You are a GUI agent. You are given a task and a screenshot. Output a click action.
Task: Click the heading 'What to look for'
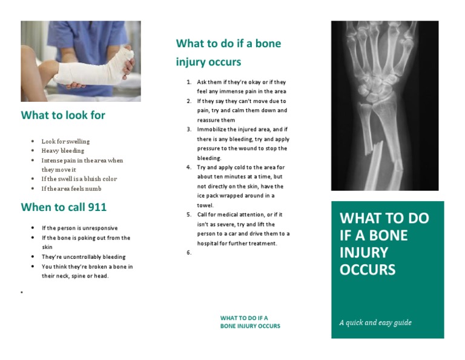(63, 115)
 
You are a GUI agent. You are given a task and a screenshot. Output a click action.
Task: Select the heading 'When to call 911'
(64, 207)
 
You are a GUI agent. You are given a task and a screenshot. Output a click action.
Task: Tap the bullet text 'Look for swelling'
(65, 141)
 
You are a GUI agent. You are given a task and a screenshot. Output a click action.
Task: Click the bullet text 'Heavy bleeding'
(62, 151)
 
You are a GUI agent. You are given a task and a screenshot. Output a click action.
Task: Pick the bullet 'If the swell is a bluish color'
(79, 179)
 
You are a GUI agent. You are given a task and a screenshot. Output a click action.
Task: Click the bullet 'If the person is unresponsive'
(79, 228)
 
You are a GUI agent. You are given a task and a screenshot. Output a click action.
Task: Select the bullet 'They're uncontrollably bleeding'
(83, 257)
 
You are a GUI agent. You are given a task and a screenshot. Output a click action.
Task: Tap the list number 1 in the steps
(189, 82)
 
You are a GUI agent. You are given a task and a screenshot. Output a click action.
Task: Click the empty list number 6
(189, 253)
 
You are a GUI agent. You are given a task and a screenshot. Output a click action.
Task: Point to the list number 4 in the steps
(189, 167)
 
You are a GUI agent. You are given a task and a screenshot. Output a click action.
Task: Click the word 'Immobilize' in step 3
(211, 130)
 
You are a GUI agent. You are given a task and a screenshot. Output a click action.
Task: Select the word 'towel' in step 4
(205, 205)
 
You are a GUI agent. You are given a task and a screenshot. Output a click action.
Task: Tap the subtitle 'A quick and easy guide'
(375, 322)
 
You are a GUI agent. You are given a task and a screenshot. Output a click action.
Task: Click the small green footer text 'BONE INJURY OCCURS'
(250, 326)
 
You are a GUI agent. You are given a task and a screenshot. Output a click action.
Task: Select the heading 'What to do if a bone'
(228, 44)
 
